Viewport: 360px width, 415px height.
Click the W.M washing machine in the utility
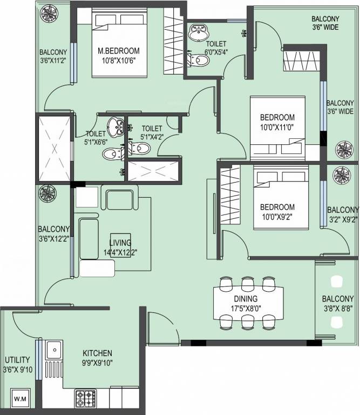21,398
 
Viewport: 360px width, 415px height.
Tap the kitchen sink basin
55,350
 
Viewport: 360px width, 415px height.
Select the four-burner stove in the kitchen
86,398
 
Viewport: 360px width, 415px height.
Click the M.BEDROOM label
119,51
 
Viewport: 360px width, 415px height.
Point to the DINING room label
246,299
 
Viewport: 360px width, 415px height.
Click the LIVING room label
120,243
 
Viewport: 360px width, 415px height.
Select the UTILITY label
17,360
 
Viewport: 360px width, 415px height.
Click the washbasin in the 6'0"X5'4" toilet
199,32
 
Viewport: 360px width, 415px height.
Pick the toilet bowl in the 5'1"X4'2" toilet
141,148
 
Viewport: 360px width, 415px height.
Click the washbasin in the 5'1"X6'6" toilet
116,127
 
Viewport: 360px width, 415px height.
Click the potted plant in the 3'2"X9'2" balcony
342,176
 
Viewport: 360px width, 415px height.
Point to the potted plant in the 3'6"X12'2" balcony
47,193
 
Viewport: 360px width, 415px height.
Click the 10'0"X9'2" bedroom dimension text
277,217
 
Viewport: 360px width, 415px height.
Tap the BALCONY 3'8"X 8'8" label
337,304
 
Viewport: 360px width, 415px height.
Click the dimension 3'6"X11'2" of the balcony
53,61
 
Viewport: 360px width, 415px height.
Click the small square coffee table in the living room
120,245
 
